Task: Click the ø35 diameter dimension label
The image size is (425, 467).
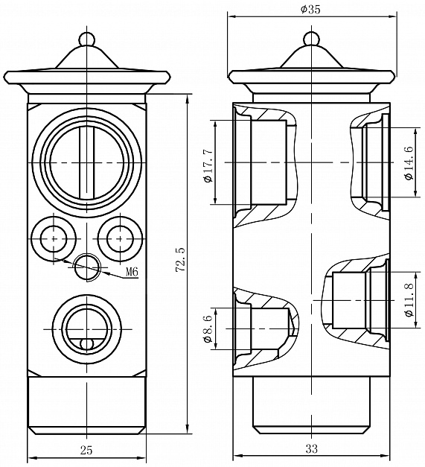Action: point(310,10)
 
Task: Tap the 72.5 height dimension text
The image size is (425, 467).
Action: point(182,258)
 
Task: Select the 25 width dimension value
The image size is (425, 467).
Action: point(86,450)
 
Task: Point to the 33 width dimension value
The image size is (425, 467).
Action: point(312,448)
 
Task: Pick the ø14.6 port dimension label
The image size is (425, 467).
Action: point(409,162)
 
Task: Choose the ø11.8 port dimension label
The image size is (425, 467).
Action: point(410,300)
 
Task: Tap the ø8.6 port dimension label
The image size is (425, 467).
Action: point(208,329)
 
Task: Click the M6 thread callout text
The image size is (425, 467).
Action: point(132,272)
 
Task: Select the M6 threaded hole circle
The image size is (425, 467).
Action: point(87,267)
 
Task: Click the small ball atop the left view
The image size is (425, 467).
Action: point(86,39)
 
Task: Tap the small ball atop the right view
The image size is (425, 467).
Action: point(311,39)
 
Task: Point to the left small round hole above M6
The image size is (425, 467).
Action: point(54,238)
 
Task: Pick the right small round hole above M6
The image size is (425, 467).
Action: point(120,238)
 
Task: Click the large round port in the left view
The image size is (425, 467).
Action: point(86,162)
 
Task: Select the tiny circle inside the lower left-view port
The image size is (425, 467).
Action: point(86,344)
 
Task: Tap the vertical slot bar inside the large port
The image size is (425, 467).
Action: point(86,162)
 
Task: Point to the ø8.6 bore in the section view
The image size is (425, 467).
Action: point(270,328)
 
